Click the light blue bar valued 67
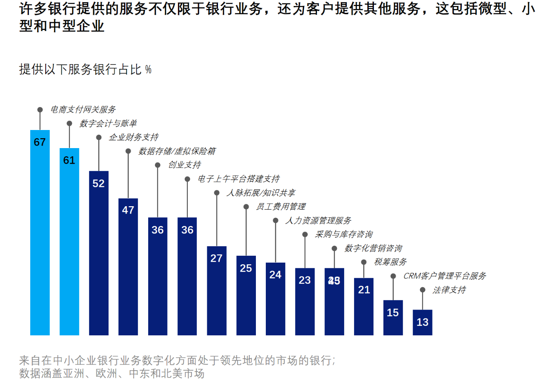pyautogui.click(x=40, y=232)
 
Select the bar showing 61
pyautogui.click(x=69, y=241)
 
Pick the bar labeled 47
pyautogui.click(x=128, y=266)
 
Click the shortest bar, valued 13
pyautogui.click(x=422, y=322)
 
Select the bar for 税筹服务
pyautogui.click(x=364, y=307)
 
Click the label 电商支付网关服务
pyautogui.click(x=83, y=110)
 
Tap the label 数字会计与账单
pyautogui.click(x=108, y=124)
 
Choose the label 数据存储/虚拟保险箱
pyautogui.click(x=177, y=151)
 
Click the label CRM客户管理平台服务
pyautogui.click(x=445, y=276)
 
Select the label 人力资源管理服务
pyautogui.click(x=318, y=220)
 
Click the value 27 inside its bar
pyautogui.click(x=216, y=258)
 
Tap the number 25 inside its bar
pyautogui.click(x=246, y=268)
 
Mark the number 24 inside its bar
pyautogui.click(x=275, y=275)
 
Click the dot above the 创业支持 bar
pyautogui.click(x=158, y=165)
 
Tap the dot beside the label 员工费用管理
pyautogui.click(x=246, y=207)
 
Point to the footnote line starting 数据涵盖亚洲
pyautogui.click(x=112, y=373)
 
